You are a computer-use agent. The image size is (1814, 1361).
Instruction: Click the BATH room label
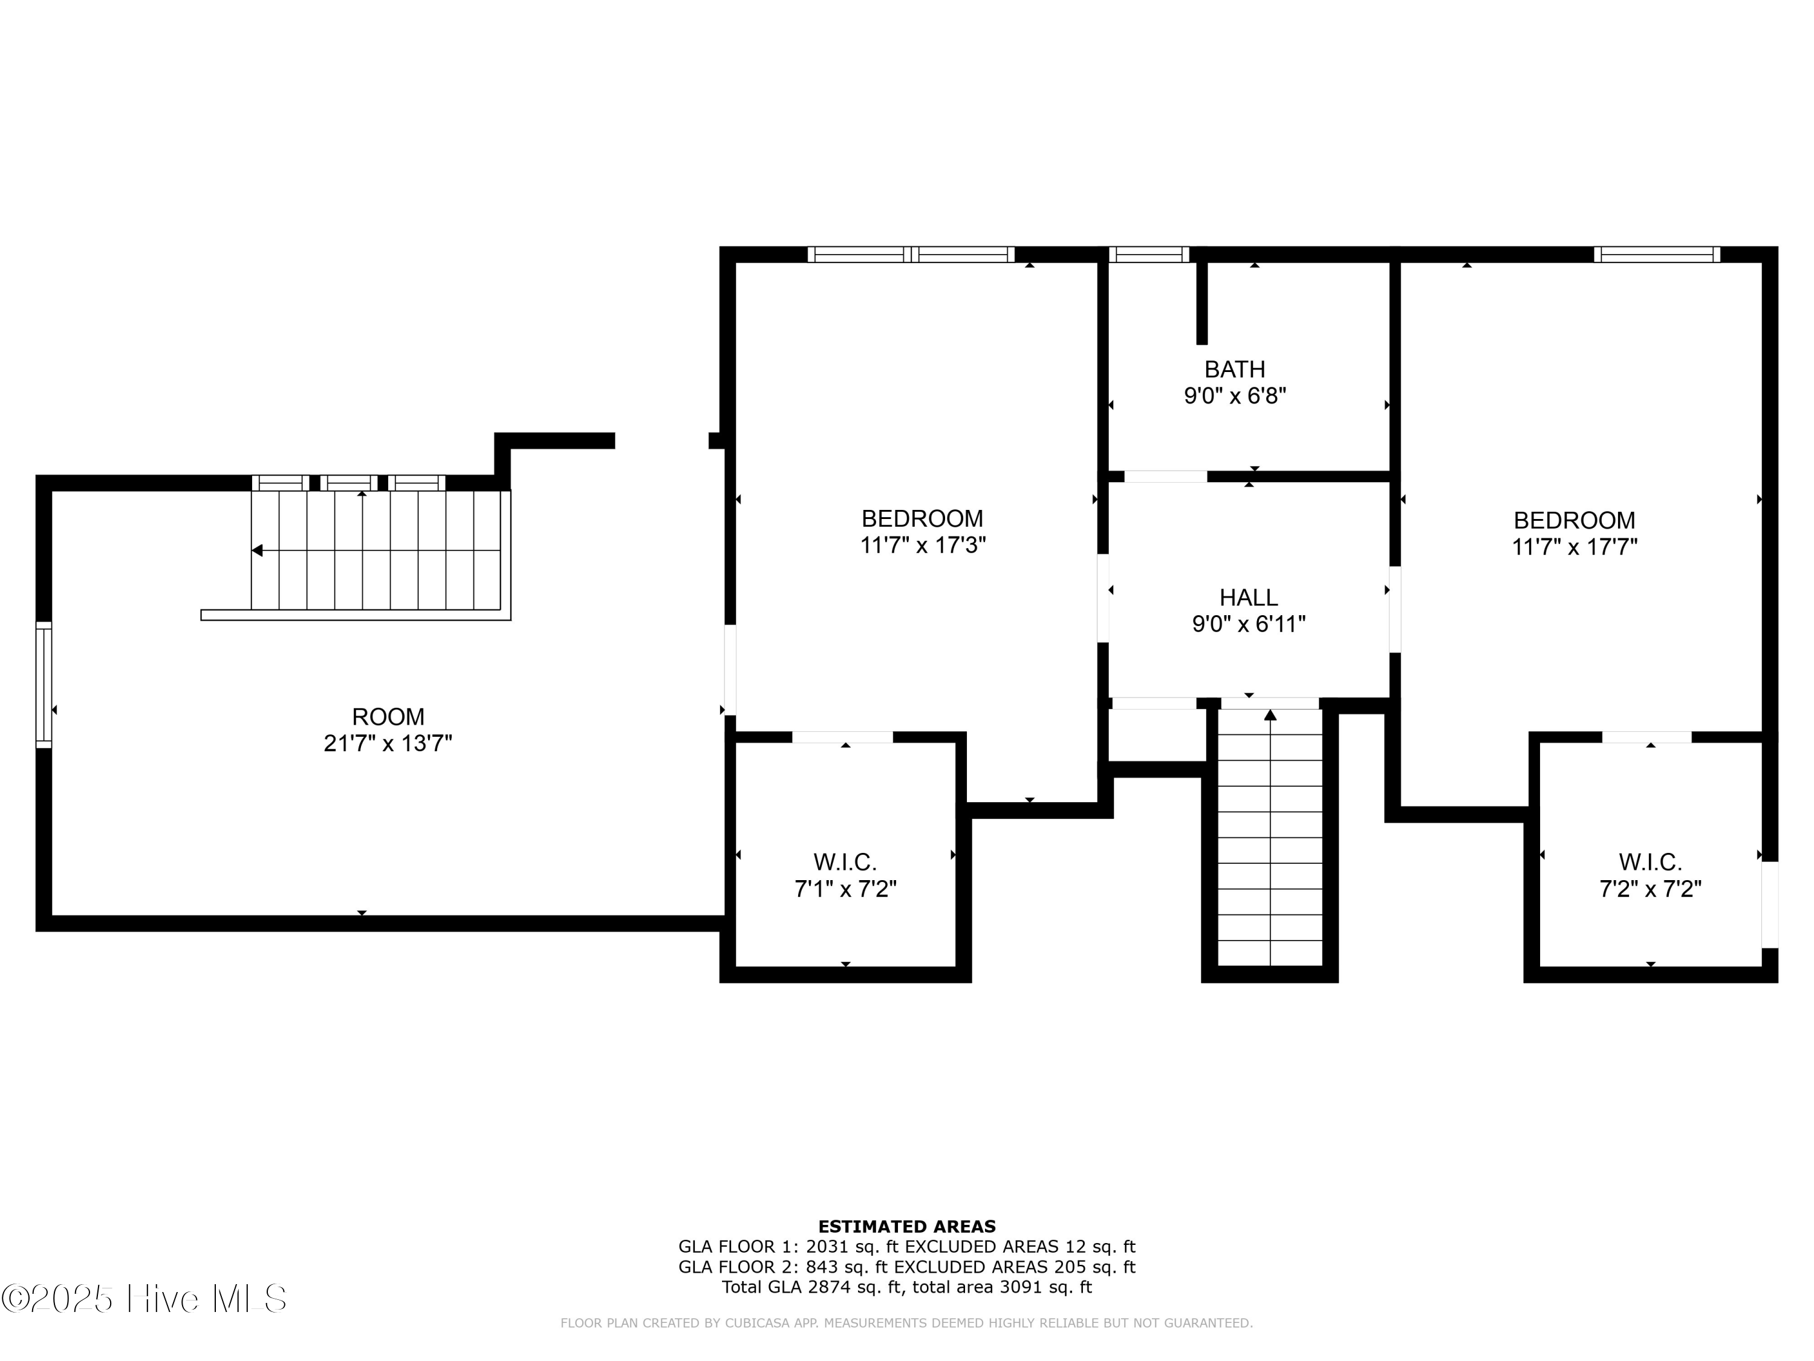pyautogui.click(x=1234, y=369)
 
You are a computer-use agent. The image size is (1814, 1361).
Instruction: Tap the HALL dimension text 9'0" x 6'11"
pyautogui.click(x=1248, y=624)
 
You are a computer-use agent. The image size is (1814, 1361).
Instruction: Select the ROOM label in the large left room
pyautogui.click(x=388, y=716)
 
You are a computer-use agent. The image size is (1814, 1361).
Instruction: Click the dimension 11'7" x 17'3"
pyautogui.click(x=923, y=546)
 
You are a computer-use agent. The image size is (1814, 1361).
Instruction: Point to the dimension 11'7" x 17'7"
pyautogui.click(x=1574, y=547)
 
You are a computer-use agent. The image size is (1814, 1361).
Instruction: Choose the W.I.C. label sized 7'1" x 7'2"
pyautogui.click(x=845, y=862)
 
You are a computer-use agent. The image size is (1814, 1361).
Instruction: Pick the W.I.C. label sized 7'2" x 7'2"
pyautogui.click(x=1650, y=862)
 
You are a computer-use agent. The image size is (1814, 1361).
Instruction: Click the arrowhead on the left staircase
pyautogui.click(x=257, y=550)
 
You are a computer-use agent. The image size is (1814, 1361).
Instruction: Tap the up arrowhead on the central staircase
pyautogui.click(x=1270, y=714)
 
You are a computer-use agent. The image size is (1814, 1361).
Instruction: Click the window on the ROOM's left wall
pyautogui.click(x=44, y=685)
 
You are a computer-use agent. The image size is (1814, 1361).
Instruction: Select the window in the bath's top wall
pyautogui.click(x=1148, y=254)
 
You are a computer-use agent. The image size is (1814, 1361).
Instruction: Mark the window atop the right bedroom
pyautogui.click(x=1657, y=254)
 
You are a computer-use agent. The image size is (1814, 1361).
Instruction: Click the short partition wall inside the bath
pyautogui.click(x=1201, y=302)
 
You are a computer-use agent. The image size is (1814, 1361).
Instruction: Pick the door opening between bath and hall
pyautogui.click(x=1165, y=476)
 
